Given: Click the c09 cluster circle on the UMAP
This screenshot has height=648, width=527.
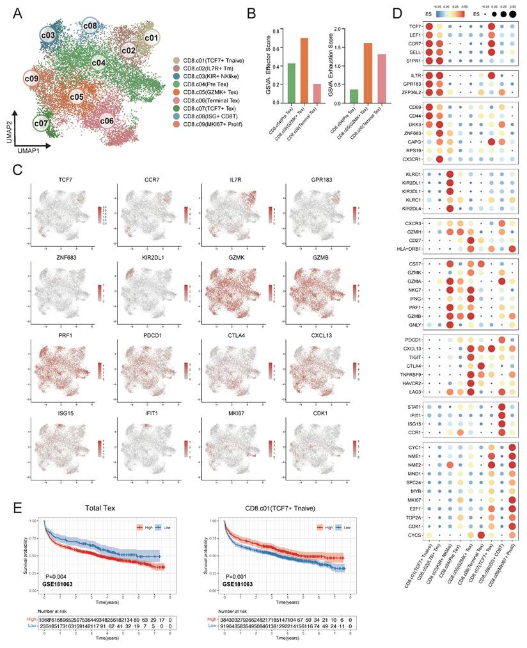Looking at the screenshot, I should point(32,79).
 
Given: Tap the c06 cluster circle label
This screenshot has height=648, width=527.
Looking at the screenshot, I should point(107,120).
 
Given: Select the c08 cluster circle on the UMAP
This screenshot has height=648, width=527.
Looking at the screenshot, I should point(90,26).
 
